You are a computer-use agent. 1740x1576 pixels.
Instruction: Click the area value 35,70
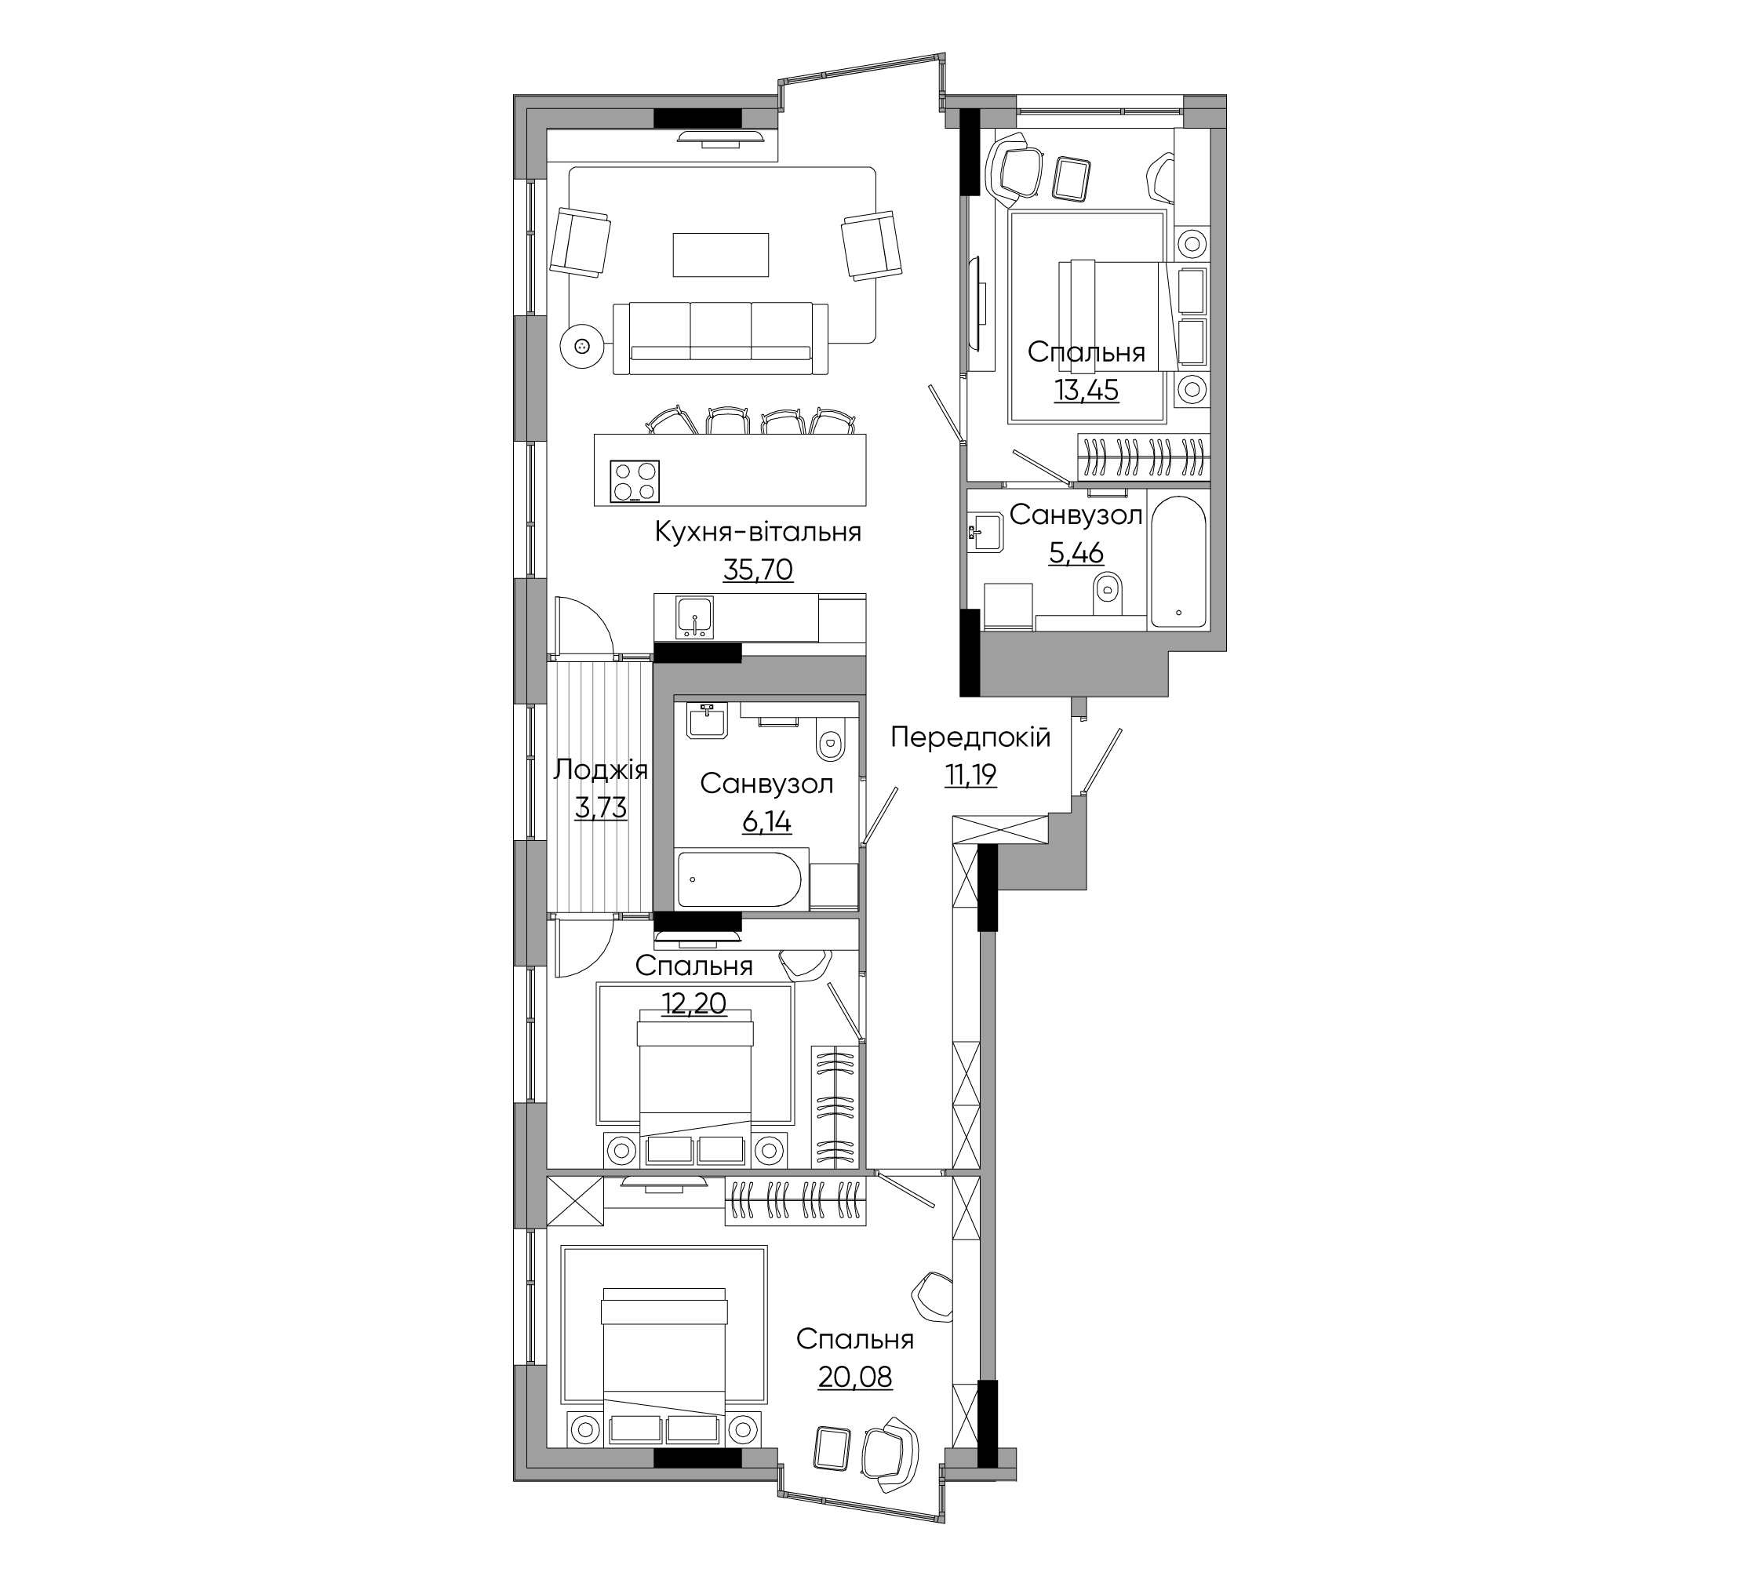point(758,570)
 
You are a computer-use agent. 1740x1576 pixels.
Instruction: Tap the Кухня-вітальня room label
point(758,532)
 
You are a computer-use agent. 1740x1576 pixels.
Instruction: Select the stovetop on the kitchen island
point(635,482)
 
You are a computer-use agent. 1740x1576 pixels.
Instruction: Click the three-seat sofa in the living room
point(721,338)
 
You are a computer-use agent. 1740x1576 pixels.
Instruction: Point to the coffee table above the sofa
point(721,255)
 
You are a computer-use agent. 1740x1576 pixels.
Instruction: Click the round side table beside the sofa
point(581,346)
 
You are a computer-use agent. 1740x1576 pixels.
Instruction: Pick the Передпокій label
point(970,737)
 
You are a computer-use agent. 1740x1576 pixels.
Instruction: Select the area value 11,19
point(970,775)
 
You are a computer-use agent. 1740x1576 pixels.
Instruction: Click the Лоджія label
point(601,770)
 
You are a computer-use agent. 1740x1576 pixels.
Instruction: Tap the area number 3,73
point(601,809)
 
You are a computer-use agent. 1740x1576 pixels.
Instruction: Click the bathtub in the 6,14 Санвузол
point(740,879)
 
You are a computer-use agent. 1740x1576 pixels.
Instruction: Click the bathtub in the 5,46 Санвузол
point(1178,562)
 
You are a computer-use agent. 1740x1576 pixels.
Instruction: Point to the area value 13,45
point(1086,390)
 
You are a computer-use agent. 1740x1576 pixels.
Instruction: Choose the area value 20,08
point(854,1377)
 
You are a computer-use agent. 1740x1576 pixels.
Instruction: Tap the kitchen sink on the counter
point(695,617)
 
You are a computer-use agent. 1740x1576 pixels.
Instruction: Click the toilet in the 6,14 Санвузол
point(830,739)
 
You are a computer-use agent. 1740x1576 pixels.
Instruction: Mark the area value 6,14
point(766,821)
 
